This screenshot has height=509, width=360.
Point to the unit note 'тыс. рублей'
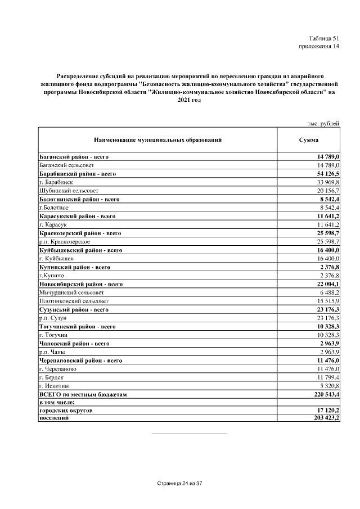(323, 123)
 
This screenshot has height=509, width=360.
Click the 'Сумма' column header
(309, 139)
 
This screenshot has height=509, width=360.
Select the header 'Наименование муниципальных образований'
(157, 139)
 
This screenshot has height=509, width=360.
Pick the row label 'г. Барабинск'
(56, 183)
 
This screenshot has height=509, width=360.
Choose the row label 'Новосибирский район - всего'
(81, 284)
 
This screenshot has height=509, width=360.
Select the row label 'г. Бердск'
(51, 377)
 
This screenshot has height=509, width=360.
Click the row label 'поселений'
(53, 420)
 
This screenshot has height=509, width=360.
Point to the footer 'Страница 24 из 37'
(179, 483)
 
